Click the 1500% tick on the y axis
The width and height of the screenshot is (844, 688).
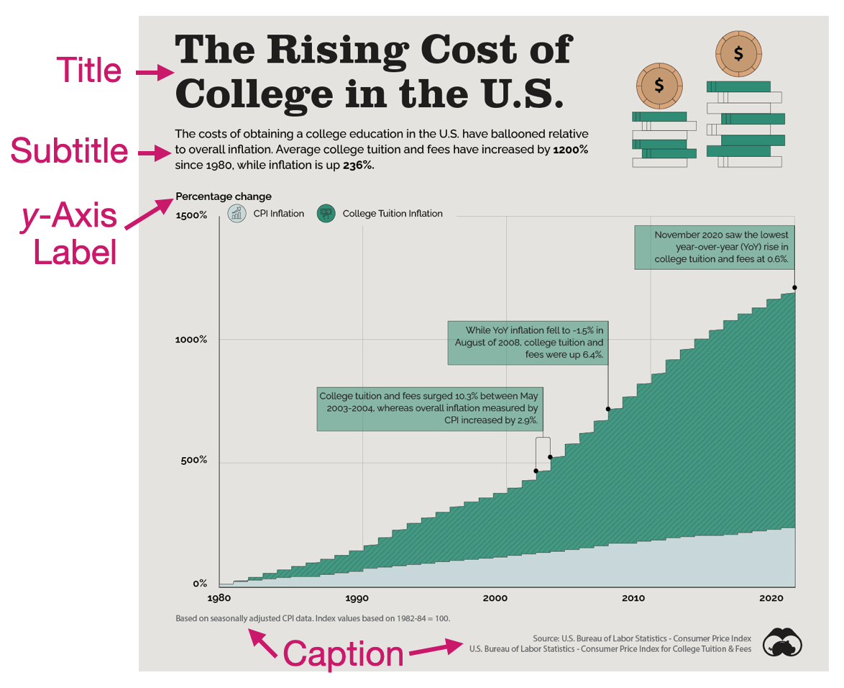tap(191, 215)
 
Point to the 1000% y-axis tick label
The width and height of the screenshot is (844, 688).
tap(191, 339)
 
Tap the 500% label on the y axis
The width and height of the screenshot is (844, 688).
tap(193, 460)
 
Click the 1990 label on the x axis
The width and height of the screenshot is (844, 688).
tap(357, 598)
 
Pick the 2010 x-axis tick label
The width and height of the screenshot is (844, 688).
tap(633, 598)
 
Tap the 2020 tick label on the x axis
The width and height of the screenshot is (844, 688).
tap(771, 598)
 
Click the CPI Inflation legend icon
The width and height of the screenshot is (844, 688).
tap(237, 213)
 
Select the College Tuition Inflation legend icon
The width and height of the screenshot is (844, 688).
tap(326, 213)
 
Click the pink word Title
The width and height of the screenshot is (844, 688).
tap(89, 71)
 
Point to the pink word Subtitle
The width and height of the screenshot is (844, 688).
tap(69, 152)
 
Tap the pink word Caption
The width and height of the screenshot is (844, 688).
tap(344, 654)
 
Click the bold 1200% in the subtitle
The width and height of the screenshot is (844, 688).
tap(571, 150)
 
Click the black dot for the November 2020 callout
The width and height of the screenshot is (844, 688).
tap(794, 288)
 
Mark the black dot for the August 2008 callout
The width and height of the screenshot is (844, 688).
tap(608, 409)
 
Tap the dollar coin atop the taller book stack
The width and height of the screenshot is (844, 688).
tap(738, 54)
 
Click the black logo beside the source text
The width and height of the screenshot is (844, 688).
tap(782, 642)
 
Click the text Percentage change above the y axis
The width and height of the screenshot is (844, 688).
tap(224, 196)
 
